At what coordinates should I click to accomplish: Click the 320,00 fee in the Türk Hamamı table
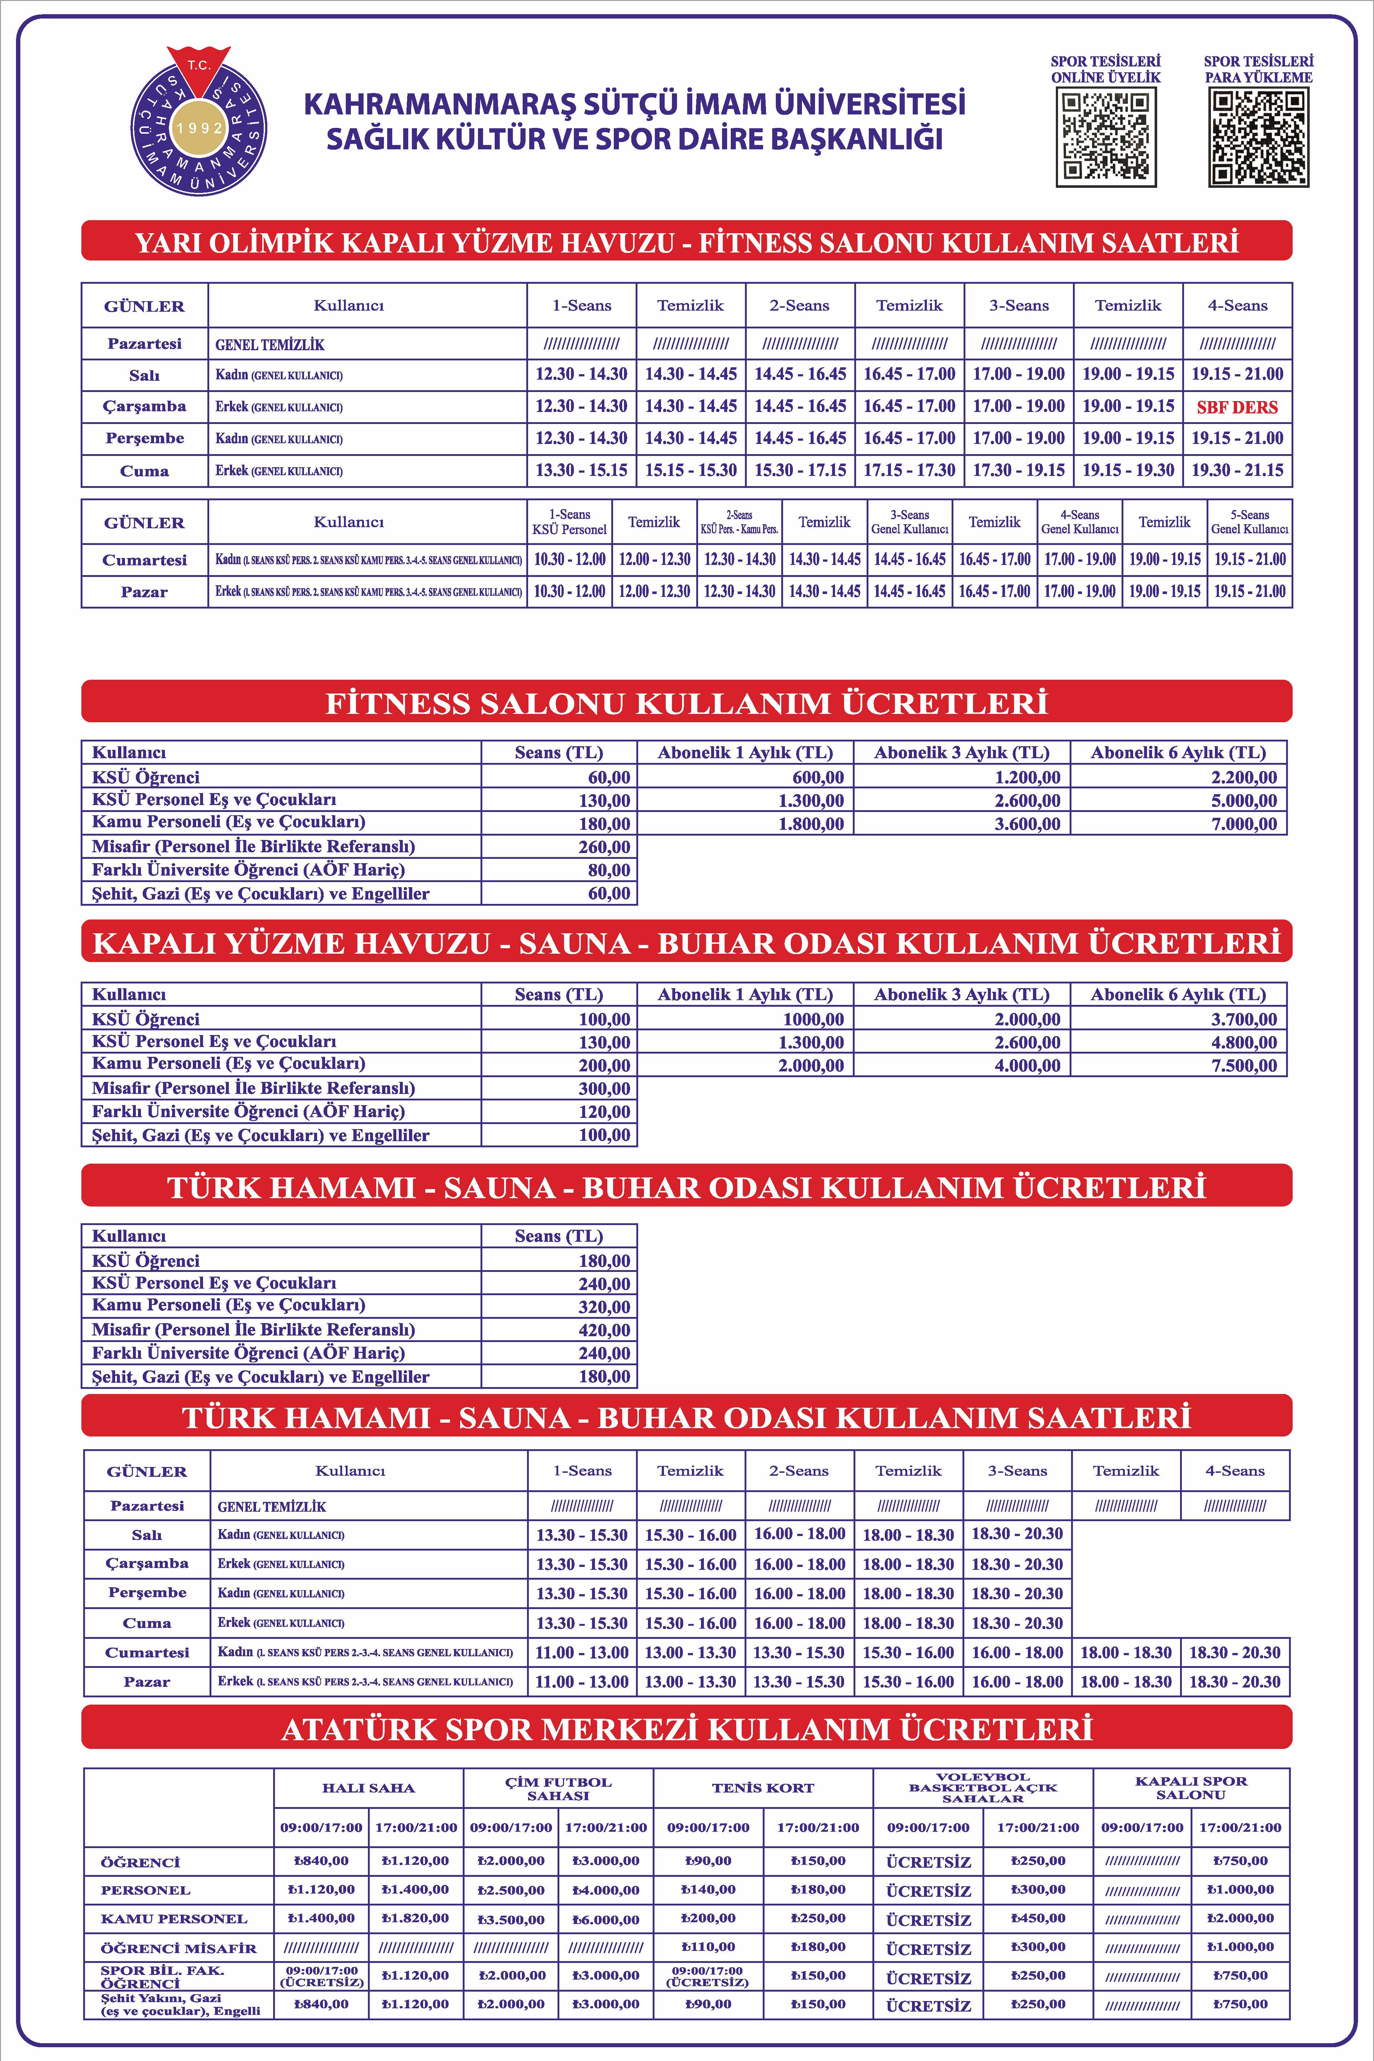[604, 1306]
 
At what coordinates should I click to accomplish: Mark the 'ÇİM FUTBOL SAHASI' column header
[558, 1789]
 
